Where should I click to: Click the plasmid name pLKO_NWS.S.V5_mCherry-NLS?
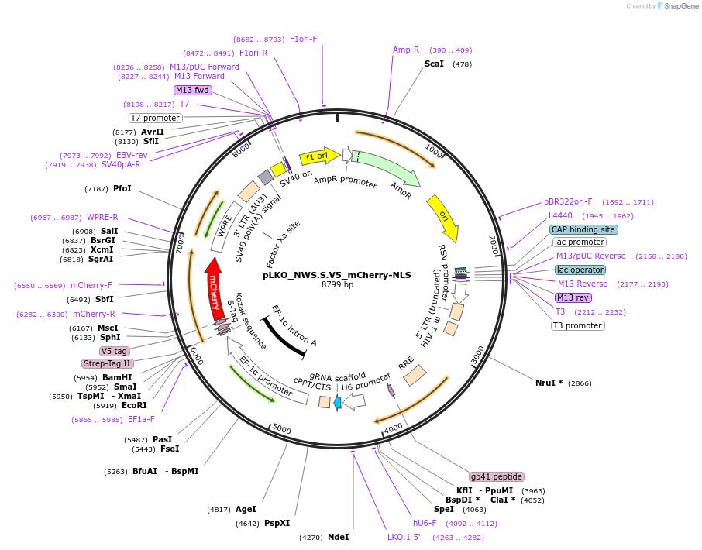click(x=337, y=274)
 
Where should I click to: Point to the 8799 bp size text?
click(x=337, y=285)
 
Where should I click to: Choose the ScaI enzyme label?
click(x=434, y=64)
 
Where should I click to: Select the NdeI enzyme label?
click(x=338, y=537)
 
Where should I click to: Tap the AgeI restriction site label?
click(x=246, y=509)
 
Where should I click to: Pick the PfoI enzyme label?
click(x=122, y=188)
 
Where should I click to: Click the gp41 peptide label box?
click(x=497, y=476)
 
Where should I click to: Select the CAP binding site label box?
click(x=583, y=229)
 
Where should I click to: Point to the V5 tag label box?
click(x=114, y=351)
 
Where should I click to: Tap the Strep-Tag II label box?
click(x=107, y=363)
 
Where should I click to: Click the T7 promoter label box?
click(x=155, y=118)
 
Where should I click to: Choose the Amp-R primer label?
click(x=406, y=50)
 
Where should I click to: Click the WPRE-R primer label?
click(x=102, y=217)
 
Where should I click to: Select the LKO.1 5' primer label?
click(x=404, y=537)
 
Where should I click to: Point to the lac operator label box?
click(x=580, y=270)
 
